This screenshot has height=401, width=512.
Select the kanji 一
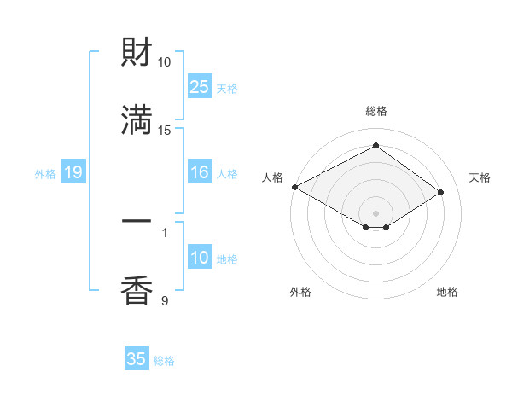137,223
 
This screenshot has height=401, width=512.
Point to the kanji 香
137,291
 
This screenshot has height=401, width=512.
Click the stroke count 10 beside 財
165,62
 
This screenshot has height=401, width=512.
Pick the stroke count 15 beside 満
165,130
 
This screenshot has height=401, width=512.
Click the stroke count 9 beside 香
165,300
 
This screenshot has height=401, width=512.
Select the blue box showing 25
200,87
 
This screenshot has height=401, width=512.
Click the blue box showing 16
200,173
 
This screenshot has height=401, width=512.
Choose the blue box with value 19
73,173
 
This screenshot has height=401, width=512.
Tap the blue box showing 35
137,359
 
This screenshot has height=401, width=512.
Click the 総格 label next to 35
164,361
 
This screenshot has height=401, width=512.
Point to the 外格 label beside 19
45,174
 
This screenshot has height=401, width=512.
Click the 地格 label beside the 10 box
227,259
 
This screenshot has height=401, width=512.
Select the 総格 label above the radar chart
376,111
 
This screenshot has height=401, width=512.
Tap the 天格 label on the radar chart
480,177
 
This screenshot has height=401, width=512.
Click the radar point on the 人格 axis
294,187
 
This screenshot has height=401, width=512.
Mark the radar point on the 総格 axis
375,146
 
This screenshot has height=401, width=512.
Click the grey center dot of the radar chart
375,212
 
